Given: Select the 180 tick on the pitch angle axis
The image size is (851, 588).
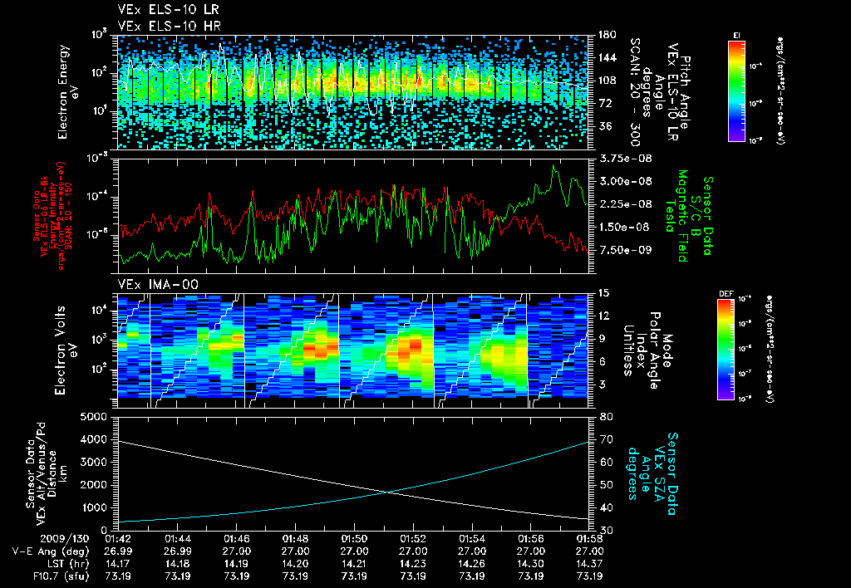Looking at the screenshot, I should coord(608,35).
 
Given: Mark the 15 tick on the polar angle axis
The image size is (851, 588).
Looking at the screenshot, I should coord(604,293).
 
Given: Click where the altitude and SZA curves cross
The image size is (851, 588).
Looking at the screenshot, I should coord(388,492).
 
